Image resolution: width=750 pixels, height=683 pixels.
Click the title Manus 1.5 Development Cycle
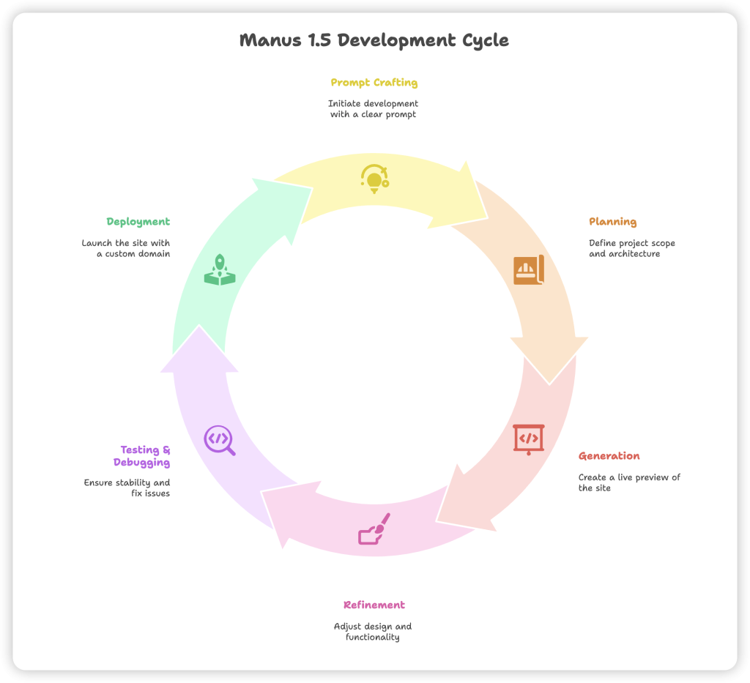pyautogui.click(x=374, y=40)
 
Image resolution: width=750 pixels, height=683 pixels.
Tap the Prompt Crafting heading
pyautogui.click(x=374, y=83)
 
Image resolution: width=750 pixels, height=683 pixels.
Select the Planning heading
pyautogui.click(x=612, y=222)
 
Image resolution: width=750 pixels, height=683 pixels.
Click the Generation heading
pyautogui.click(x=609, y=456)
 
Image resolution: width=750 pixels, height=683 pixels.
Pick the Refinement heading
pyautogui.click(x=374, y=605)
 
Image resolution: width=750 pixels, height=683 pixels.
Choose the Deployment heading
pyautogui.click(x=138, y=222)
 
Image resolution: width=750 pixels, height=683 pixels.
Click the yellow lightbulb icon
pyautogui.click(x=374, y=179)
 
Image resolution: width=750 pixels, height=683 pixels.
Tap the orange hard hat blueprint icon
pyautogui.click(x=528, y=270)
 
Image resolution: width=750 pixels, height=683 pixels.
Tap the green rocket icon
pyautogui.click(x=220, y=269)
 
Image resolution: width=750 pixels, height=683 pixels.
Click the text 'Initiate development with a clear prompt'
pyautogui.click(x=374, y=109)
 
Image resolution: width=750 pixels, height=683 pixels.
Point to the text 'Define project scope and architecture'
pyautogui.click(x=631, y=248)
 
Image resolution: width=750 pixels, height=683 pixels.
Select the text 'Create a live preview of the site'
pyautogui.click(x=628, y=482)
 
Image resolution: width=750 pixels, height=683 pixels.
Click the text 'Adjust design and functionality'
pyautogui.click(x=373, y=632)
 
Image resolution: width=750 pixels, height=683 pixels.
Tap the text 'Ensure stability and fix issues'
pyautogui.click(x=127, y=488)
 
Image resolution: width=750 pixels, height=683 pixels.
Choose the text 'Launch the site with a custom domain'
pyautogui.click(x=126, y=248)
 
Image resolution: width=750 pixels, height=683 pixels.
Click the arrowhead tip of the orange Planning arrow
pyautogui.click(x=549, y=381)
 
